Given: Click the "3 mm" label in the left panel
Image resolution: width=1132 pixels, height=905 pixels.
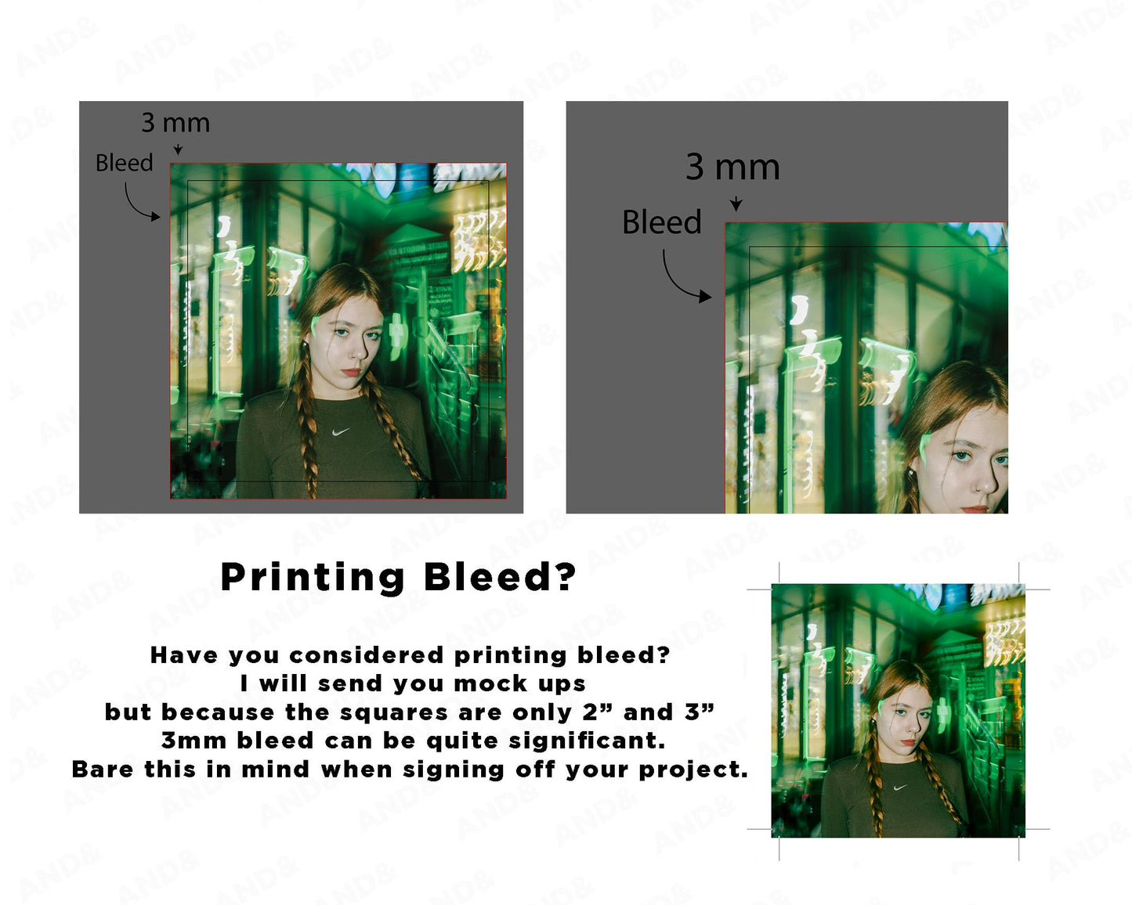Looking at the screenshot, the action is pos(175,123).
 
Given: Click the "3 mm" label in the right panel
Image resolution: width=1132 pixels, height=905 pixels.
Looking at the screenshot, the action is pos(732,168).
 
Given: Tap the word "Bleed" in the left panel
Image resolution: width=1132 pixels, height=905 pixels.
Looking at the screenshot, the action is pos(124,163).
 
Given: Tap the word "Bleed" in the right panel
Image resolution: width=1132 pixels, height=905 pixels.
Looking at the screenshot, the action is pos(662,222).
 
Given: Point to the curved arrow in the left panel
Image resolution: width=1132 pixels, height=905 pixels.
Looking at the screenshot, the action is pos(132,207).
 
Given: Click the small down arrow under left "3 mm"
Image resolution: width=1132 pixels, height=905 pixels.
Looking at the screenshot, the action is pos(179,150).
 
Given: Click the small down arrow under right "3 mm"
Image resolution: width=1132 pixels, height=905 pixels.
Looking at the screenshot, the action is pos(736,204).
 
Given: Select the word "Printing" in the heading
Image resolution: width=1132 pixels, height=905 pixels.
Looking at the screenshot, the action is pos(313,578).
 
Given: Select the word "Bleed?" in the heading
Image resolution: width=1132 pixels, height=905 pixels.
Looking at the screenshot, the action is pos(500,577).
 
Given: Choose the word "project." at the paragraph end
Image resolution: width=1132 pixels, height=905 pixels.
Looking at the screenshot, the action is pos(693,770).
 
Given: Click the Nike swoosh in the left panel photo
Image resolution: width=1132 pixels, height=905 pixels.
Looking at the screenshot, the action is pos(341,431).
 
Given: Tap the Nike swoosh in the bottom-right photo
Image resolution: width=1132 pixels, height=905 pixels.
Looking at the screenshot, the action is pos(901,788).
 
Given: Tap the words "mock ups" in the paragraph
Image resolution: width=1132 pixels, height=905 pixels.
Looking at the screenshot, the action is pos(519,684).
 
